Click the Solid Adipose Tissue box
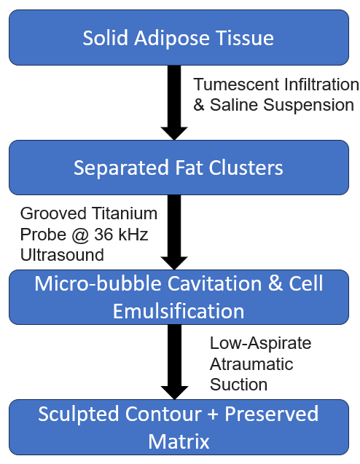179,38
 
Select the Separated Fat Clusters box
179,168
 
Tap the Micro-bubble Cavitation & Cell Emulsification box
179,297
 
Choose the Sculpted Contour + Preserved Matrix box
179,427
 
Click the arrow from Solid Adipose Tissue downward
174,103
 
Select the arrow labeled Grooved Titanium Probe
174,232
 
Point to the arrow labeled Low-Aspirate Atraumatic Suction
174,362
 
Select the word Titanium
125,213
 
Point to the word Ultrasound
62,255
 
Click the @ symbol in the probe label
80,235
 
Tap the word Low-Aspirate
261,343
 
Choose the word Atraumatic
251,364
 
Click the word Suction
238,385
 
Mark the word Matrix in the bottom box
179,441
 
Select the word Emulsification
179,311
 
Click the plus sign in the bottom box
213,414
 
